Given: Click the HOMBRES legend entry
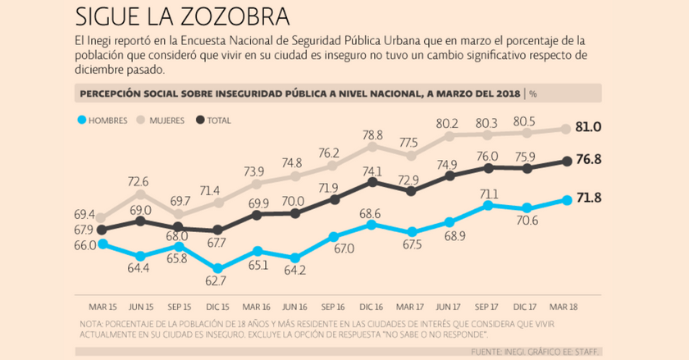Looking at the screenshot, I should pyautogui.click(x=103, y=120).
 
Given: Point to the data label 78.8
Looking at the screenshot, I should pyautogui.click(x=373, y=134).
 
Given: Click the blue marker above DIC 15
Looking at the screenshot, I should pyautogui.click(x=217, y=267).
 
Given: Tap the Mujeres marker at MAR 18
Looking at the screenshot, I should pyautogui.click(x=566, y=129).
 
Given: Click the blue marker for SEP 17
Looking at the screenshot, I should pyautogui.click(x=489, y=205).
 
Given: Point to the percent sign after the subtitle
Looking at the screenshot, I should pyautogui.click(x=533, y=93).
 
